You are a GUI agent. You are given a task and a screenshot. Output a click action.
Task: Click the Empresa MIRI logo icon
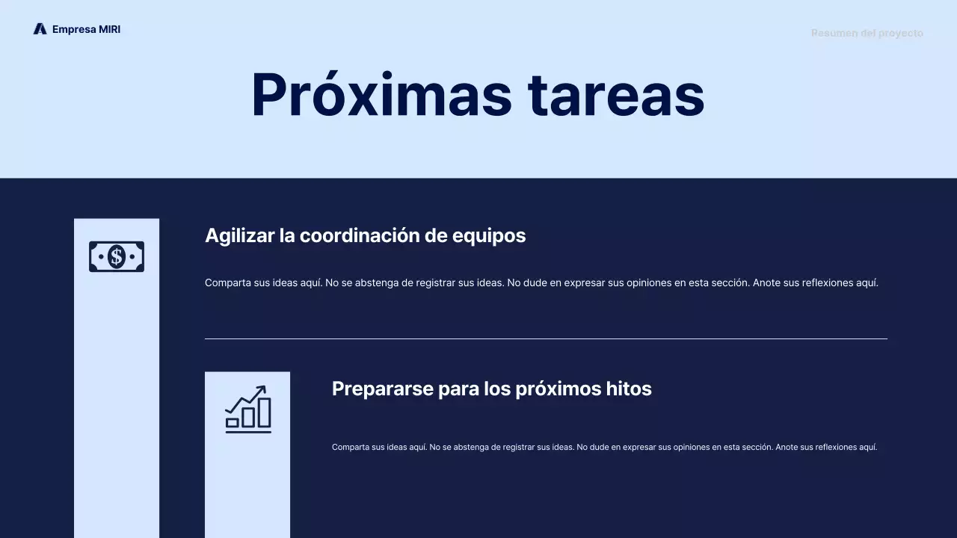(40, 29)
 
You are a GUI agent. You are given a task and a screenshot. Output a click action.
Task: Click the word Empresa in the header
(74, 29)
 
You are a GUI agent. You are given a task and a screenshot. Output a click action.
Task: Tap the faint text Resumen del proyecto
(867, 33)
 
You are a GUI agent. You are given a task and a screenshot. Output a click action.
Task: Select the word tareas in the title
(616, 95)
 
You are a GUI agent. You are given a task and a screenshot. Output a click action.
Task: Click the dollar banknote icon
(117, 257)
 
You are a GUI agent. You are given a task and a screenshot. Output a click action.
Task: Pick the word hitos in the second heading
(630, 389)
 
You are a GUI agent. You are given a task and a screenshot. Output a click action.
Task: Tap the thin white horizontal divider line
(546, 338)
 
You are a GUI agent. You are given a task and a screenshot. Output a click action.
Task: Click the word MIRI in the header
(110, 29)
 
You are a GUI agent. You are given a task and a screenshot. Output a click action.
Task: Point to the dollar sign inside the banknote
(117, 257)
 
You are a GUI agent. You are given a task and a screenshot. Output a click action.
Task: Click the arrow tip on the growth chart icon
(263, 388)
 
